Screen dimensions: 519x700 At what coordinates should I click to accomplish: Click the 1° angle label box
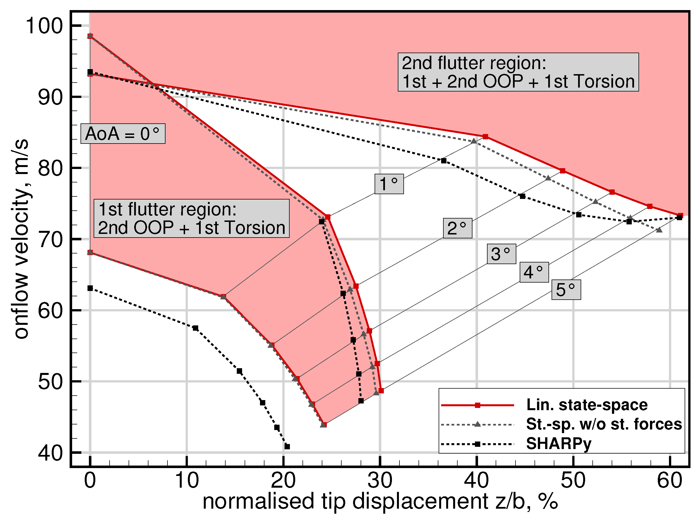(389, 184)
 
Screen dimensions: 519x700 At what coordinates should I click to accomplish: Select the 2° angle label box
(457, 228)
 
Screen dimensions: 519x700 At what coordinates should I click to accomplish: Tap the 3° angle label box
(501, 254)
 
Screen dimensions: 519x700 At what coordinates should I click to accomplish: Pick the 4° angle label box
(534, 272)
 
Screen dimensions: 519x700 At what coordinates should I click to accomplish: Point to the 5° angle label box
(566, 290)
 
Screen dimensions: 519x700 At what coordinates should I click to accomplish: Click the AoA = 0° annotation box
(123, 134)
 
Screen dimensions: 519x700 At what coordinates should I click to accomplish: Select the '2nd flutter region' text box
(518, 72)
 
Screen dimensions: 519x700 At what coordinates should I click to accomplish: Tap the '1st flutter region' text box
(191, 218)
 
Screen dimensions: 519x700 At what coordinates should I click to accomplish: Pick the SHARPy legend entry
(559, 444)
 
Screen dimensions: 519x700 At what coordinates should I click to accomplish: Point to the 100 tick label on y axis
(44, 26)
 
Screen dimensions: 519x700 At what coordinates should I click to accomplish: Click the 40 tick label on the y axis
(50, 453)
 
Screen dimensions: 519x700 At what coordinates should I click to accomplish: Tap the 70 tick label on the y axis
(50, 239)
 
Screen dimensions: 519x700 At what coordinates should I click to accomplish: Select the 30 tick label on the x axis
(380, 481)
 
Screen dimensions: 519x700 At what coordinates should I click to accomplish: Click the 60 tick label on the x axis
(670, 481)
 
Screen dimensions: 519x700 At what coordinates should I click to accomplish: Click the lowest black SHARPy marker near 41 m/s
(287, 447)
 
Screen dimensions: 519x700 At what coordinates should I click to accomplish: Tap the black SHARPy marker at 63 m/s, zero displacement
(90, 288)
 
